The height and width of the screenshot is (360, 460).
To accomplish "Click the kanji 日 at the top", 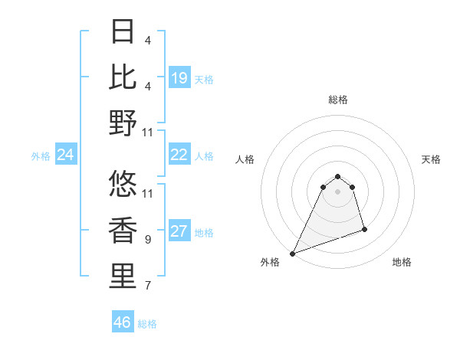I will [x=123, y=32].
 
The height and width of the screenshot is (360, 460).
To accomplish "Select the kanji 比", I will [x=123, y=77].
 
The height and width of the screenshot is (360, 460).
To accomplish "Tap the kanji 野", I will [x=123, y=123].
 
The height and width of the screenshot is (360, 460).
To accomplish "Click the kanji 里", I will [x=123, y=277].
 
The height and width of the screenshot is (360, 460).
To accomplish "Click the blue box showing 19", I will [x=179, y=78].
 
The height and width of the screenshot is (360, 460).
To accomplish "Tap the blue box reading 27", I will [x=179, y=232].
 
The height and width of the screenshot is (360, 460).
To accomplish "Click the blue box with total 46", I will [x=123, y=322].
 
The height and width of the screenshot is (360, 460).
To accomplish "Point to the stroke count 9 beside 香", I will [x=148, y=240].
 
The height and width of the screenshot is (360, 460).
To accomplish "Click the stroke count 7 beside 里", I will [x=148, y=286].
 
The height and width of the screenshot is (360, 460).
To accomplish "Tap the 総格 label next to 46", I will [x=147, y=324].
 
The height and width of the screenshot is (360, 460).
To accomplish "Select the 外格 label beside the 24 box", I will [x=41, y=156].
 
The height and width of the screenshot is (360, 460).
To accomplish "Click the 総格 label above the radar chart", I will [x=337, y=100].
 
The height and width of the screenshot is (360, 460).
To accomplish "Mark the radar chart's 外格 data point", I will [x=292, y=254].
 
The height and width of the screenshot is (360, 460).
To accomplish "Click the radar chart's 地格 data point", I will [x=364, y=229].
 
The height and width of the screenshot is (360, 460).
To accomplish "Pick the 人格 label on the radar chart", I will [x=245, y=159].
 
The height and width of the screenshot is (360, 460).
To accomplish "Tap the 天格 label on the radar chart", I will [x=431, y=159].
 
